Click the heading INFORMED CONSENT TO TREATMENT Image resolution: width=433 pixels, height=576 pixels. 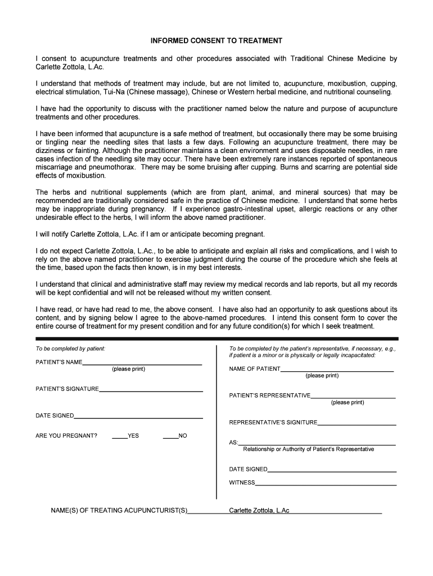click(x=216, y=42)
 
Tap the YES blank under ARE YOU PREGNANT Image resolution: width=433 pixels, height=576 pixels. click(x=119, y=437)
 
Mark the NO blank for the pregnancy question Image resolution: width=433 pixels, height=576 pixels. click(x=170, y=437)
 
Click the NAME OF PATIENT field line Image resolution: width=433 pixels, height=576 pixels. click(x=337, y=370)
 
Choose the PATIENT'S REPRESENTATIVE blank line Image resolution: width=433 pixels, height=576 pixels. click(x=353, y=396)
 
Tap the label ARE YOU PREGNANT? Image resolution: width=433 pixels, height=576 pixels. click(x=66, y=436)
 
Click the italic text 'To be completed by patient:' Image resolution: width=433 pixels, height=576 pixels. click(x=70, y=349)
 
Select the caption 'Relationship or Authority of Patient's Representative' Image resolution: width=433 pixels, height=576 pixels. click(x=308, y=449)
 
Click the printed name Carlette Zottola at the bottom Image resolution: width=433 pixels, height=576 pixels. click(x=259, y=511)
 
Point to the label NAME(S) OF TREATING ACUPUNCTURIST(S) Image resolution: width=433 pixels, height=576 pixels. click(x=119, y=511)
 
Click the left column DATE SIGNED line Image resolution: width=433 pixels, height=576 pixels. click(x=138, y=416)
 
